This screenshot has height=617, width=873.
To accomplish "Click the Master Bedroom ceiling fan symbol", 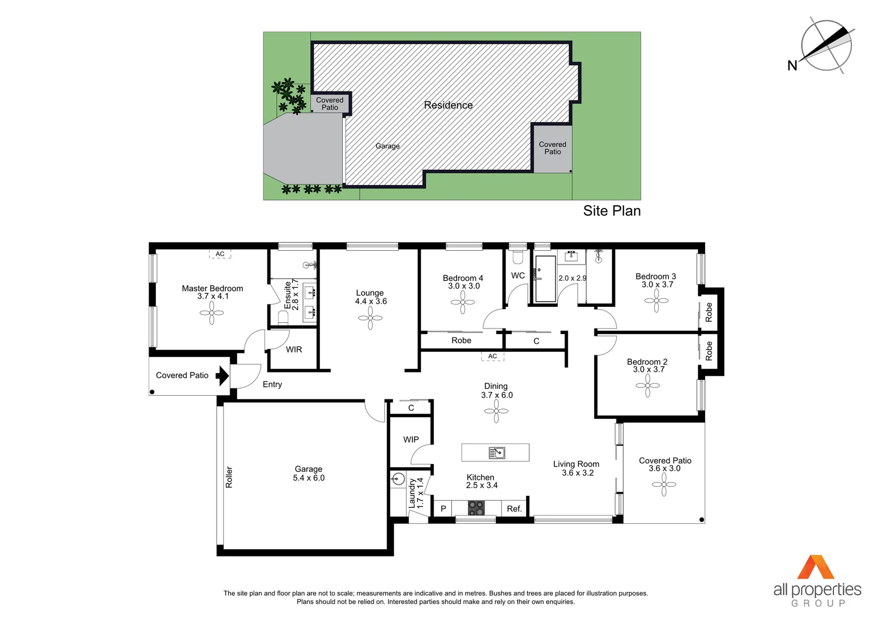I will point(211,312).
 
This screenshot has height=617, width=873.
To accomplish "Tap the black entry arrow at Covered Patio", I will point(222,375).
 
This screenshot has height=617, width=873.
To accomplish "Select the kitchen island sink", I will point(497,453).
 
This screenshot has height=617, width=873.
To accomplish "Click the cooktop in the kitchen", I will point(476,507).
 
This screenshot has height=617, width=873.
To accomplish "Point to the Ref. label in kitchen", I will point(514,508).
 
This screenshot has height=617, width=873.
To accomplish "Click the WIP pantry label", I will point(411,439).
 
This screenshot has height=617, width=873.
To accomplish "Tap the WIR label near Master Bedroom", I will point(294,349).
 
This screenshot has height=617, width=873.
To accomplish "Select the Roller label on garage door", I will point(229,477).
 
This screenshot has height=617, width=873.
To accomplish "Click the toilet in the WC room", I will point(518,258).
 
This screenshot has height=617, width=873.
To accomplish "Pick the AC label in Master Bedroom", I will point(220,254).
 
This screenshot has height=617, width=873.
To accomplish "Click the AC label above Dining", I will point(492,356).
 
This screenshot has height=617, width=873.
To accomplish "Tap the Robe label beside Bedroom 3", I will point(709,312).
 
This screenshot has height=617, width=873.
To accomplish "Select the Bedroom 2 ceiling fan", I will point(647,386).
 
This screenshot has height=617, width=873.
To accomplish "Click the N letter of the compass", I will point(792,66).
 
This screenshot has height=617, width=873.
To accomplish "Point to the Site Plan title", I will point(611,211).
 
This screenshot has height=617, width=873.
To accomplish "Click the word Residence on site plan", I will point(448,105).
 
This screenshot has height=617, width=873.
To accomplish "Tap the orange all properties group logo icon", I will point(816,567).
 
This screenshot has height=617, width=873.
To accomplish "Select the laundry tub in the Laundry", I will point(398,479).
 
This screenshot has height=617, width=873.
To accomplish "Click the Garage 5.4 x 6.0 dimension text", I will point(309,478).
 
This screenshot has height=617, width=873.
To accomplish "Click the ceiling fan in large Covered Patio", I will point(664,484).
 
